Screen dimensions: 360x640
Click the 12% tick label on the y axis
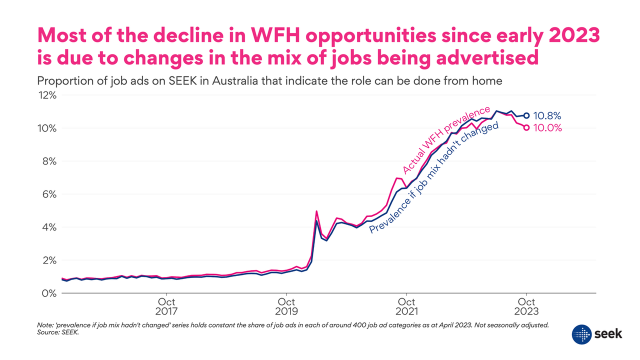47,95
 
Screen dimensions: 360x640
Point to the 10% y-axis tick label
47,128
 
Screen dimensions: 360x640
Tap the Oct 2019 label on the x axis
286,306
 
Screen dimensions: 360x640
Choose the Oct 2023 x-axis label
526,306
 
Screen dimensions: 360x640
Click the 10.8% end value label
547,115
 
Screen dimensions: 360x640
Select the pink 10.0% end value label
547,128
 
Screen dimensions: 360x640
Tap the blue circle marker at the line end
526,115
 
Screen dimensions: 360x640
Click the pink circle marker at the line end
526,128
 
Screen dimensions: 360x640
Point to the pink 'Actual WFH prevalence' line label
446,140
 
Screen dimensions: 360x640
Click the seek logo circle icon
581,334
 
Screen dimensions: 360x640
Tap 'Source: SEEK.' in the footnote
58,332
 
